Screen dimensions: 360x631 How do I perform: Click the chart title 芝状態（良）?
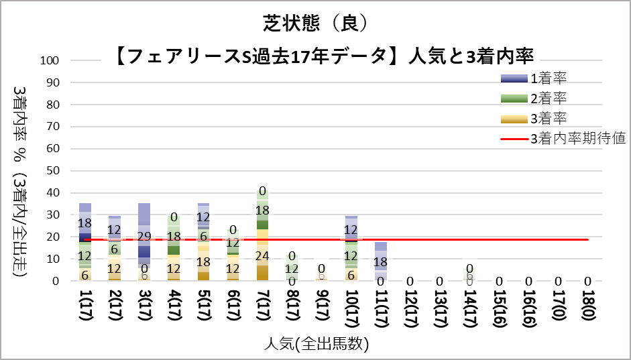point(315,23)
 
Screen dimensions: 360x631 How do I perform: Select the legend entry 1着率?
point(549,79)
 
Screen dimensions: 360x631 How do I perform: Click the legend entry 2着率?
point(549,99)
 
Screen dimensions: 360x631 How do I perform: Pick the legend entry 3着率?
point(549,119)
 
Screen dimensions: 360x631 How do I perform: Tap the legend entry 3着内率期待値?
point(577,139)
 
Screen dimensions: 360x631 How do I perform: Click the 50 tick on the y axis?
point(56,171)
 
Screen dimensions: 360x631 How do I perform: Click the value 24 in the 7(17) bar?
point(262,255)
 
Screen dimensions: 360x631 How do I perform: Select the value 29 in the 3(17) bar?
point(144,236)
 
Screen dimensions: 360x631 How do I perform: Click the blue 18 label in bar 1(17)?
point(85,223)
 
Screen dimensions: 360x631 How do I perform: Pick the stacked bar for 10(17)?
point(351,248)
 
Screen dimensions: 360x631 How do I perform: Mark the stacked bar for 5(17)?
point(203,241)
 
